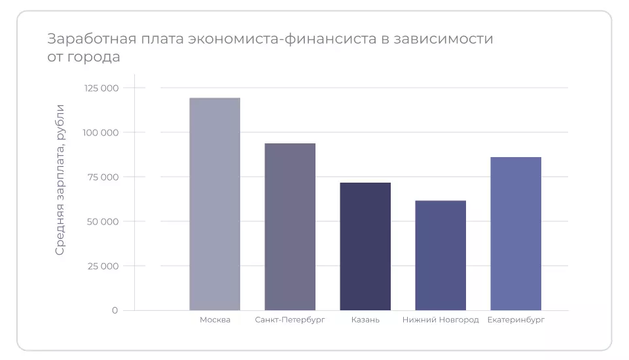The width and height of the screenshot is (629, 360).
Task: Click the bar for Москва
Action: (x=215, y=204)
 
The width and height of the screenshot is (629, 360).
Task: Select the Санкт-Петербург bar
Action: (x=290, y=226)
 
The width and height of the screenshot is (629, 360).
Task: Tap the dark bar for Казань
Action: (x=365, y=246)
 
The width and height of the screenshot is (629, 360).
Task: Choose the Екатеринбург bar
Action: (x=516, y=233)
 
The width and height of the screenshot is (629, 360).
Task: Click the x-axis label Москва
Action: (x=215, y=320)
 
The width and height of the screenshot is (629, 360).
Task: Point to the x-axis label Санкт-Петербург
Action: (x=290, y=320)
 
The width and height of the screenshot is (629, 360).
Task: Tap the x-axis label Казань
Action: (x=365, y=320)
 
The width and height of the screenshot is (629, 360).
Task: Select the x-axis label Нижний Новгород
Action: (x=440, y=320)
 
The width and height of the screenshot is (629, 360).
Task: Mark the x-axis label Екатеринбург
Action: (x=516, y=320)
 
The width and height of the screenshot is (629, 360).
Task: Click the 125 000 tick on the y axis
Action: (x=101, y=88)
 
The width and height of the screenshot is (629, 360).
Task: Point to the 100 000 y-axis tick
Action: (x=101, y=133)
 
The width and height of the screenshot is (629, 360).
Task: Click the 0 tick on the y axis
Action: (x=115, y=310)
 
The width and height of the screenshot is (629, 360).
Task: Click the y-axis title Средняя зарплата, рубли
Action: (x=60, y=179)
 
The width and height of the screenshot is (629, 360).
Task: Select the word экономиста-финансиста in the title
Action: (x=281, y=39)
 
